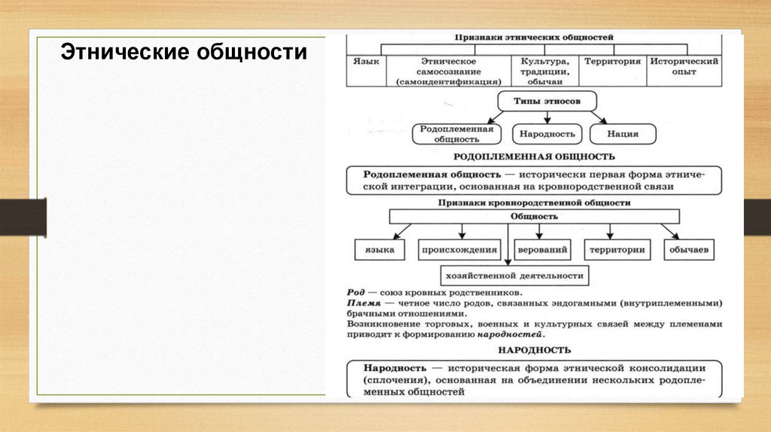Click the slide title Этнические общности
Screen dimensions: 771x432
coord(184,53)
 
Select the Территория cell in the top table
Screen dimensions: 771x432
coord(612,62)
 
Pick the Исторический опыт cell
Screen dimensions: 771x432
coord(684,66)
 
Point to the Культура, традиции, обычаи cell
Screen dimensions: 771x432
coord(544,71)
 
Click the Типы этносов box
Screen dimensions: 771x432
coord(536,102)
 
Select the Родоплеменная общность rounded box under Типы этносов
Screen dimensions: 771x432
coord(456,134)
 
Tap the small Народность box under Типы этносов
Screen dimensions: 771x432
coord(547,135)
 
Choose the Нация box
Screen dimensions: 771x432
coord(623,135)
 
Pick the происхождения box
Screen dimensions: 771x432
coord(460,250)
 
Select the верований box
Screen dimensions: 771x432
coord(541,250)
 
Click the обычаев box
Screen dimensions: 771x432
coord(689,250)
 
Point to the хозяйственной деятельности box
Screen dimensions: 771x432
coord(515,275)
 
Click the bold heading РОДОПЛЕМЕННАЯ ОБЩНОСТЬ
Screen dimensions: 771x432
coord(535,157)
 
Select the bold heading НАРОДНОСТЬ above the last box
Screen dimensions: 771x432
coord(535,350)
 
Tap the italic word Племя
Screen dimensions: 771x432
coord(360,302)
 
